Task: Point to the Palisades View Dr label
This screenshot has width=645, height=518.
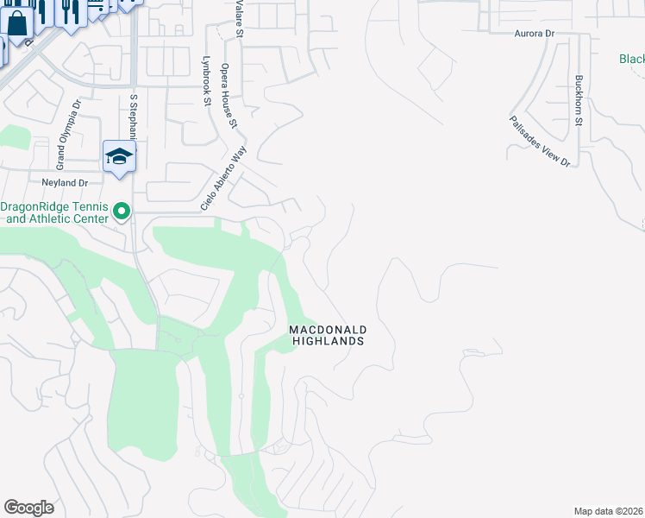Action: tap(540, 141)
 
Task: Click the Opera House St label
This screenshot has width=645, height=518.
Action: tap(229, 96)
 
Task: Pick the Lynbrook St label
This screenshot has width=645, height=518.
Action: tap(206, 81)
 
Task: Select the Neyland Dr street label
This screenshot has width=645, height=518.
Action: tap(66, 183)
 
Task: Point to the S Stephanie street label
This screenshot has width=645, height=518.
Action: tap(135, 121)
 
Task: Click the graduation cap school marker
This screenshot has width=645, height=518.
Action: tap(120, 156)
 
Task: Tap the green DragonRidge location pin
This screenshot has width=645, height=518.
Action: tap(122, 211)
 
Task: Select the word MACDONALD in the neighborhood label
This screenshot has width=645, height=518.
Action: tap(328, 330)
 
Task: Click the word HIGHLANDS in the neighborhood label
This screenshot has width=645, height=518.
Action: tap(328, 341)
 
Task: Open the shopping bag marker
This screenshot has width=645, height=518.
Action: tap(17, 22)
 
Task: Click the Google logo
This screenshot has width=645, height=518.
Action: tap(28, 508)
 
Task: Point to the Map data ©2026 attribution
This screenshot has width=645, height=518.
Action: tap(608, 511)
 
